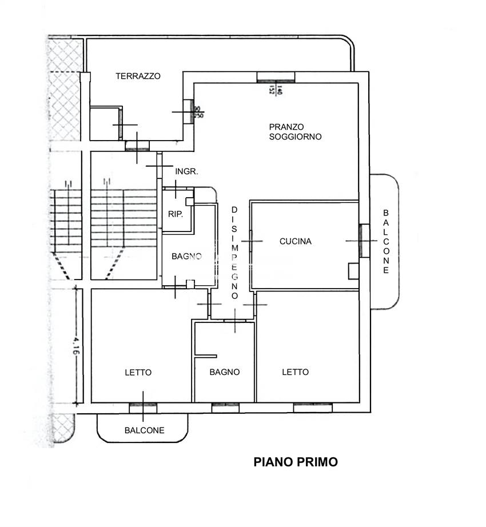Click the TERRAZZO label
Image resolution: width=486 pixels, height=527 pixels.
(138, 76)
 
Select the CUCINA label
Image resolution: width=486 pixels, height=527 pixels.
(295, 241)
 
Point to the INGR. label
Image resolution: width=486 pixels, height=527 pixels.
(186, 171)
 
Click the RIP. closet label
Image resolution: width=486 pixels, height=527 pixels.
(174, 215)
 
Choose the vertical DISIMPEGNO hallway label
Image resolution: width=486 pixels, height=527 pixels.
(234, 253)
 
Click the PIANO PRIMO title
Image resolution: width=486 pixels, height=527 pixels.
(296, 462)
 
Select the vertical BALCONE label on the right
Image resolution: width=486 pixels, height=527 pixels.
(387, 241)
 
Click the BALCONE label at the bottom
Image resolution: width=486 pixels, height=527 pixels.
(144, 430)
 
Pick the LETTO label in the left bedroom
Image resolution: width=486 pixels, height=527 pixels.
(138, 372)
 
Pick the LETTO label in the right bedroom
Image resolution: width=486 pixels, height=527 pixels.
(295, 372)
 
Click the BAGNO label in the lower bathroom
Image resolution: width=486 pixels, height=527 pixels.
(224, 372)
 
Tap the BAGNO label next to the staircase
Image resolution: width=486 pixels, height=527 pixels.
(186, 257)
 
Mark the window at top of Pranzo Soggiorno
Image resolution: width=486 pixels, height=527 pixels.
(276, 77)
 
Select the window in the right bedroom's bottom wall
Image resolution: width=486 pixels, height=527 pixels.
(313, 408)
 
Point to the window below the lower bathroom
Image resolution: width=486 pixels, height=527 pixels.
(225, 408)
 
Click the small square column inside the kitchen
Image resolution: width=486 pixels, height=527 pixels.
(354, 271)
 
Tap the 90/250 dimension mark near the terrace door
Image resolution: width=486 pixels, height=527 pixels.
(199, 112)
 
